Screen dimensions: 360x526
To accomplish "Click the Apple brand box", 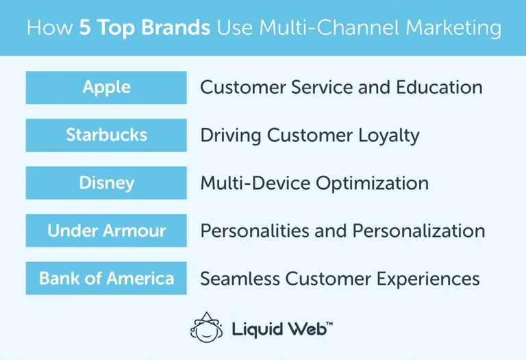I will tap(106, 88).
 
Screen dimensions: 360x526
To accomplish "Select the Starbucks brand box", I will tap(106, 135).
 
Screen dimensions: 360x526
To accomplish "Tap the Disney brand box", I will tap(106, 183).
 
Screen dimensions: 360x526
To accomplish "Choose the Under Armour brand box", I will tap(106, 231).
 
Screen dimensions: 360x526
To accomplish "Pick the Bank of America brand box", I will tap(106, 279).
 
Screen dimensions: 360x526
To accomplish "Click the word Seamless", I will tap(239, 279).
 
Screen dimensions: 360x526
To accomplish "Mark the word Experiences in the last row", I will tap(426, 279).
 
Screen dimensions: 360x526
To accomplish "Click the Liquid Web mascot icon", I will tap(206, 326).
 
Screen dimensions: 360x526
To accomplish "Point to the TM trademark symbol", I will tap(329, 321).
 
